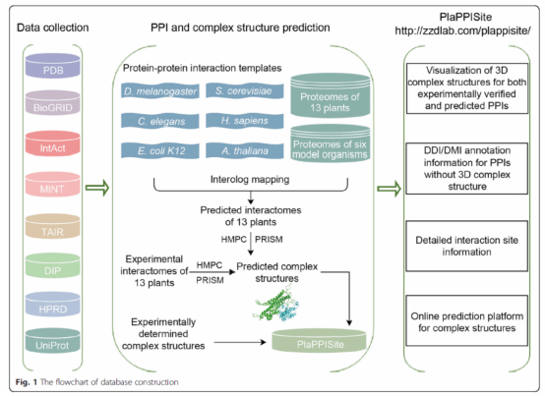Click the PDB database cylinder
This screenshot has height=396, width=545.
53,66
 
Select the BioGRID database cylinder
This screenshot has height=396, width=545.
53,103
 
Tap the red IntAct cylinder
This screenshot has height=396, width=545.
53,143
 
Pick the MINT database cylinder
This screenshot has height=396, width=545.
53,185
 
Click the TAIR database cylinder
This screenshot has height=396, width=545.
53,226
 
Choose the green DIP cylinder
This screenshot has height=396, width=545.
53,265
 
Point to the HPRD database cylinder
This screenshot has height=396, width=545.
53,304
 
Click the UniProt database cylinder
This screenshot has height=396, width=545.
53,340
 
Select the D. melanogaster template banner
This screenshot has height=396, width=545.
160,91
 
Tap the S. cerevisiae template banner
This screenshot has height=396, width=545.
245,91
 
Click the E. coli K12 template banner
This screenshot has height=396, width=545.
160,151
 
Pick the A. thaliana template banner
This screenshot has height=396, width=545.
245,151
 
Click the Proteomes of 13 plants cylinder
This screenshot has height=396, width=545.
331,95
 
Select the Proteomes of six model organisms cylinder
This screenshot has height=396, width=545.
331,143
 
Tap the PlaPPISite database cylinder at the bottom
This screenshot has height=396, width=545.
319,340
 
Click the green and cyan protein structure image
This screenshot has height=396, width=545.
276,304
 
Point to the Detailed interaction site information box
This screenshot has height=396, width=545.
467,246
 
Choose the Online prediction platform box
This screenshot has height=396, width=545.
467,320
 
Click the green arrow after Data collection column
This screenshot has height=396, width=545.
97,188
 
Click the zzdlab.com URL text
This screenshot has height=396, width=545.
462,30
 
